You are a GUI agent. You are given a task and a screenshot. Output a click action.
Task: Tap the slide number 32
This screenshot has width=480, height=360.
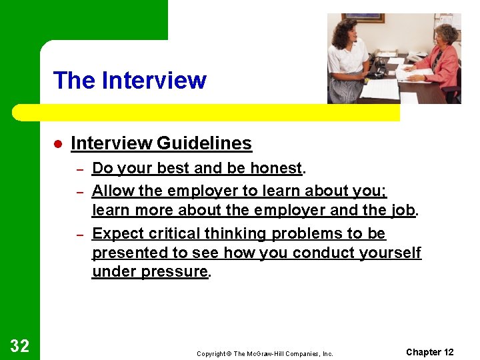[20, 345]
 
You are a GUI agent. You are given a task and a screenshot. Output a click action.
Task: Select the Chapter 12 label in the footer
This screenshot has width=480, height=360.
[429, 352]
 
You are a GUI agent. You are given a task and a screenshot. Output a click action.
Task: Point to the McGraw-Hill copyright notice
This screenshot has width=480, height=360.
[265, 354]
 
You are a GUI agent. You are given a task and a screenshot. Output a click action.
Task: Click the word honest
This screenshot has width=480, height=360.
[276, 169]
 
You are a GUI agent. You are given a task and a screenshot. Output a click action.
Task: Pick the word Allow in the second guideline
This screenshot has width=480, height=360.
[113, 191]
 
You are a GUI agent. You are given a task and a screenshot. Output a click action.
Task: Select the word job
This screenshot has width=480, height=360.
[403, 211]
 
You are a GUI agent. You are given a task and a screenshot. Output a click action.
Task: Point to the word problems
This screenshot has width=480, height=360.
[310, 234]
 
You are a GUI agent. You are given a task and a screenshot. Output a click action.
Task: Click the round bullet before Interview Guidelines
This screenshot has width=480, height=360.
[58, 144]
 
